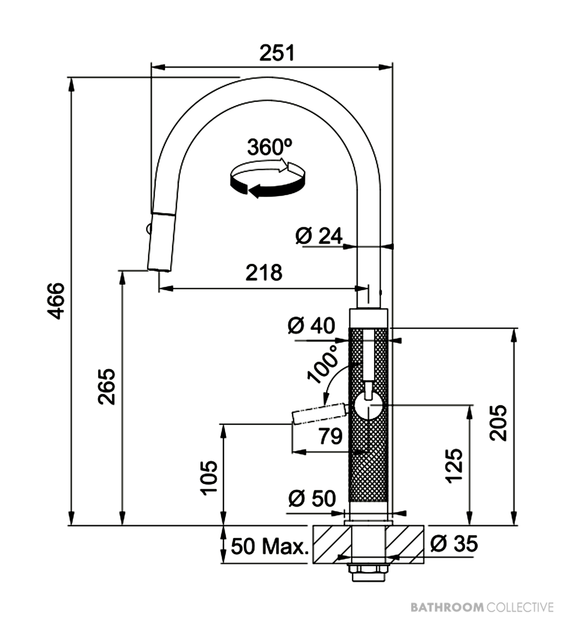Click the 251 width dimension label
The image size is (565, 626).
[277, 54]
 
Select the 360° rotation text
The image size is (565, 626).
[270, 147]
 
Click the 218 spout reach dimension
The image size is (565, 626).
[264, 273]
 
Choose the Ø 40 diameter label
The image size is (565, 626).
[311, 326]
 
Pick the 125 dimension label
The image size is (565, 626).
[454, 466]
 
